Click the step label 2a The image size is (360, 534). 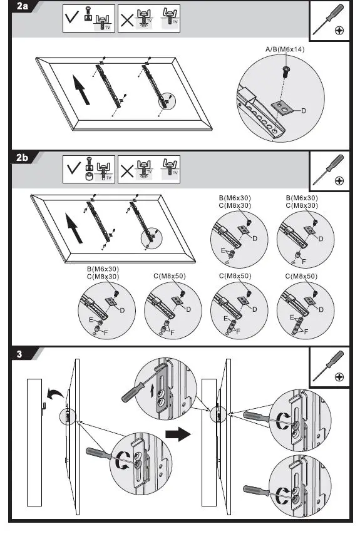pos(22,6)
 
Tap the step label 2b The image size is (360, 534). pos(22,158)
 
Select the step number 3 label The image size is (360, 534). pos(19,354)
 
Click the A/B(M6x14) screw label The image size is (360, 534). pos(285,49)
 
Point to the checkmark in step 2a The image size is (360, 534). pos(72,16)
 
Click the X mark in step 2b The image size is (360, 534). pos(127,171)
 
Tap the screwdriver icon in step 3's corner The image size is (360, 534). pos(328,366)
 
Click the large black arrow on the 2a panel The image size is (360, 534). pos(81,90)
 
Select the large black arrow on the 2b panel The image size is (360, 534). pos(75,228)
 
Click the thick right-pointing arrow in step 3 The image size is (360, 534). pos(178,434)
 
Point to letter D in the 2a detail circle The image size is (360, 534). pos(304,111)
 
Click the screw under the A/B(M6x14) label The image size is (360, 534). pos(285,72)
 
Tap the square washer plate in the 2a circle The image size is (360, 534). pos(282,109)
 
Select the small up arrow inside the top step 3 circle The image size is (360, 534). pos(152,392)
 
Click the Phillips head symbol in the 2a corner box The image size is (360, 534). pos(339,30)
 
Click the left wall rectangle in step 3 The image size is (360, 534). pos(34,443)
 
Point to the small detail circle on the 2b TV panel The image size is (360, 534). pos(152,239)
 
